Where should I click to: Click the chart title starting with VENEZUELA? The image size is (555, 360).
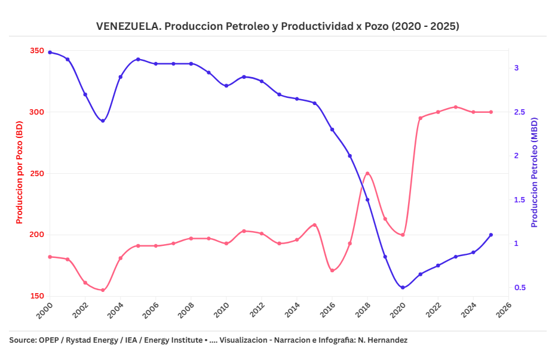(x=277, y=26)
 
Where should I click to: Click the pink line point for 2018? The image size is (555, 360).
(x=367, y=174)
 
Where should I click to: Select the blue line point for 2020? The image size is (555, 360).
(x=403, y=288)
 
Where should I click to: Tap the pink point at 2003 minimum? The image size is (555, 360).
(x=103, y=290)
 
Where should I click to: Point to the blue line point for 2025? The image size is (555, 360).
(x=491, y=235)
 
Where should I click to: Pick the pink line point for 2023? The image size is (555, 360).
(x=456, y=107)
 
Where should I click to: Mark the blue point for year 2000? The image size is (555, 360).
(x=50, y=53)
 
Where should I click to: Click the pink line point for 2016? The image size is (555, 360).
(x=332, y=270)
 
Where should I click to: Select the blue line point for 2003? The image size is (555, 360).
(x=103, y=121)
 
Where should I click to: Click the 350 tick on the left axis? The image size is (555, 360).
(x=37, y=51)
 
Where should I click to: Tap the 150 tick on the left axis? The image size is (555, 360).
(x=37, y=296)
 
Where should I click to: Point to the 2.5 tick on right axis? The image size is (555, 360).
(x=520, y=112)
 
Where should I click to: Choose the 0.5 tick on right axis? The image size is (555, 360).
(x=520, y=288)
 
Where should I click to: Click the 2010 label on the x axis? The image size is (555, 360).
(x=222, y=310)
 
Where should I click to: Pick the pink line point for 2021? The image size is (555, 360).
(x=420, y=118)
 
